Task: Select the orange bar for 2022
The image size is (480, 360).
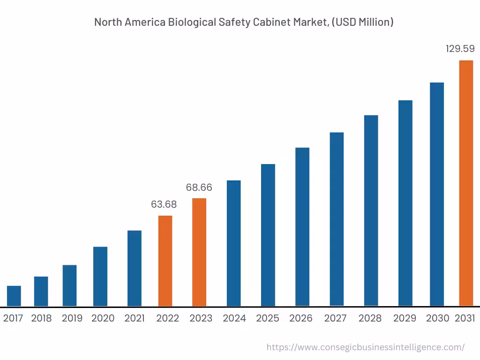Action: pos(165,261)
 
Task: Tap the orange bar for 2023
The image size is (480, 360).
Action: pos(199,252)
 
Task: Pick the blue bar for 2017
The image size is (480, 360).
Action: pos(14,296)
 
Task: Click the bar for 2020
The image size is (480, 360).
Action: pos(100,277)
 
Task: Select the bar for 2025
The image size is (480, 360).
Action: pos(268,235)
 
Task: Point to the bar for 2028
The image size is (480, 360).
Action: pos(371,210)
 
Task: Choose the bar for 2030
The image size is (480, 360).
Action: pos(437,194)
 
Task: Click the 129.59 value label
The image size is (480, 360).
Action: pos(460,49)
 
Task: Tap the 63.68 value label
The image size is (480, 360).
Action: pos(164,204)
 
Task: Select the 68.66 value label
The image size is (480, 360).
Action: pos(199,187)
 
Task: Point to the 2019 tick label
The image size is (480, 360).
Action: pos(72,318)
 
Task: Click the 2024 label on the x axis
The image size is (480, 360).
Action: pos(234,318)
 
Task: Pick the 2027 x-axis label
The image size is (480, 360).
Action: pos(335,318)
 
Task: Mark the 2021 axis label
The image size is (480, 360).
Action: pos(135,318)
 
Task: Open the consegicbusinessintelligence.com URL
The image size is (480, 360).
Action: pos(365,347)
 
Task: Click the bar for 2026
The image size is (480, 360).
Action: pos(302,227)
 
